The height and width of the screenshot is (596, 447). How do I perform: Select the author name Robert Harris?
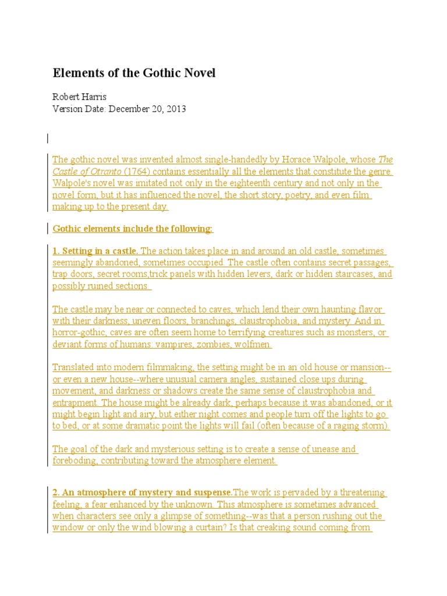coord(80,97)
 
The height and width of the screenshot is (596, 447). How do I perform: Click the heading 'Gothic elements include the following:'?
coord(133,229)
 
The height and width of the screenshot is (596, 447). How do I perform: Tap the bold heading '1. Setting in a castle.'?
coord(95,251)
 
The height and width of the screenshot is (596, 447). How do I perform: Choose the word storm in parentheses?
coord(373,425)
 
